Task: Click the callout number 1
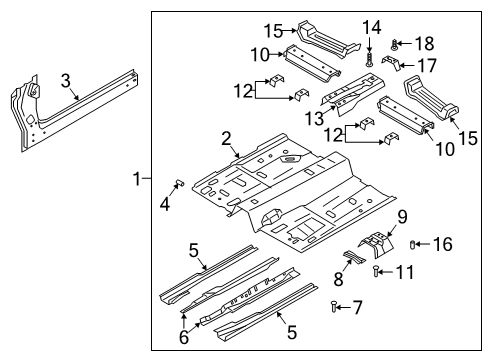136,179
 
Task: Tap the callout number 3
64,82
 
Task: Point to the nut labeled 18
397,43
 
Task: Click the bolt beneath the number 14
369,59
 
